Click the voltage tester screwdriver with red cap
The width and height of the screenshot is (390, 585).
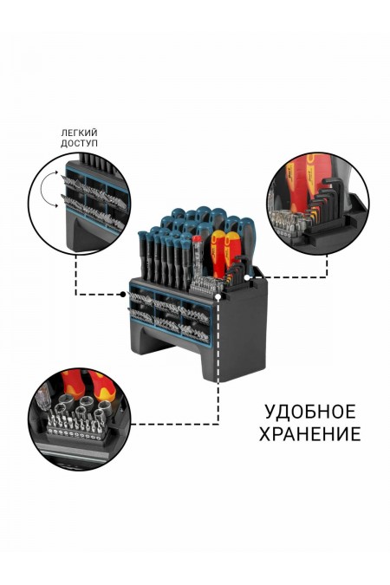[198, 251]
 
